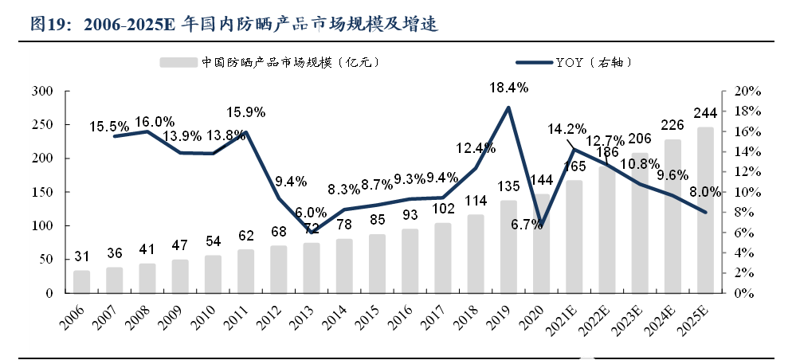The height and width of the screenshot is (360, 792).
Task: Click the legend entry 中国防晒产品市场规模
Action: point(269,61)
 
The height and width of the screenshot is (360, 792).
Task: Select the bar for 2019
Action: point(508,247)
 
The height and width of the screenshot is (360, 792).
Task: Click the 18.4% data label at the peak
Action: point(508,88)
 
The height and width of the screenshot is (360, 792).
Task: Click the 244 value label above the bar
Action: point(705,112)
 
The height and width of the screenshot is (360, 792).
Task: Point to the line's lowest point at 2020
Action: point(541,225)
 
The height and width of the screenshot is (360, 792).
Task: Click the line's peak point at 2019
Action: point(508,108)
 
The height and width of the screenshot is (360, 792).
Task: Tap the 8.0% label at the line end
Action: point(704,192)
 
